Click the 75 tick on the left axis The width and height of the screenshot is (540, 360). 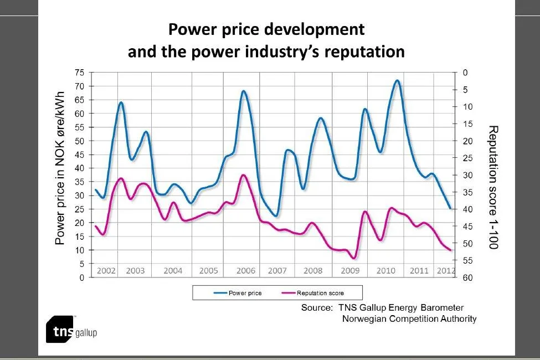79,73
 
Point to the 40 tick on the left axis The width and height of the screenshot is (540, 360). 79,168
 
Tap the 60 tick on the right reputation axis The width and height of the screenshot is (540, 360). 466,278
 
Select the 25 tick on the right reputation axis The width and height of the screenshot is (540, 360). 466,158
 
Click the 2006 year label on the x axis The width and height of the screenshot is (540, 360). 245,271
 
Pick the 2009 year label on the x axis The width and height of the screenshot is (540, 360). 351,271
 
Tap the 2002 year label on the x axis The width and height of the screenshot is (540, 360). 106,271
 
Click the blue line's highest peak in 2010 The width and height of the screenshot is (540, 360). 397,81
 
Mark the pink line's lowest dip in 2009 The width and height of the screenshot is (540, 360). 353,258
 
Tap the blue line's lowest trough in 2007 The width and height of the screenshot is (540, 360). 275,215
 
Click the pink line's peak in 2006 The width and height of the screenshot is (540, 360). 243,176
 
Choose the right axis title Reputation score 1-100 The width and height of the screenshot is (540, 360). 492,187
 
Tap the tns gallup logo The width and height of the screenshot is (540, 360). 71,331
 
